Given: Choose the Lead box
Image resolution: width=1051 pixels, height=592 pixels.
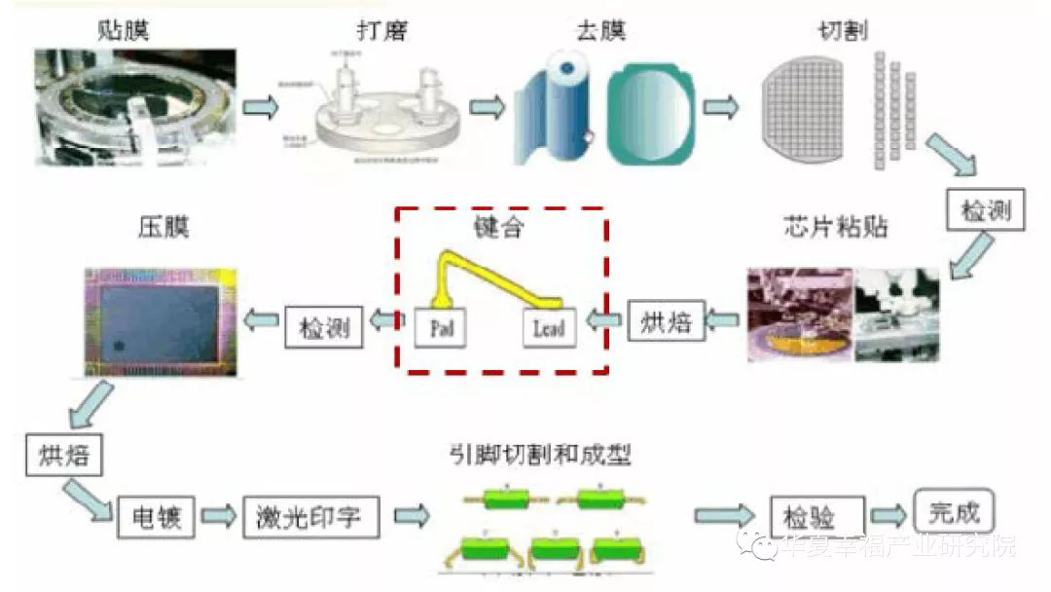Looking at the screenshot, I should point(549,327).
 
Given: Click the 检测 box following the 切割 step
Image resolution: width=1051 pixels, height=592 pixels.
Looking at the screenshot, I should point(986,210).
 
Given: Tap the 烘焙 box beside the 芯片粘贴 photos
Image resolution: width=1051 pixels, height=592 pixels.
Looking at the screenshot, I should point(666,321).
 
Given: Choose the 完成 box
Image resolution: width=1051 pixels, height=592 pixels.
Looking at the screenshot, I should point(954,511).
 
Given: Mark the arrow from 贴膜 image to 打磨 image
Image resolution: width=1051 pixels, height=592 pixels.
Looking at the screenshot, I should point(260,106).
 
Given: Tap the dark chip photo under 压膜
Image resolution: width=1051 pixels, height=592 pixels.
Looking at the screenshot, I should point(160,320).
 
